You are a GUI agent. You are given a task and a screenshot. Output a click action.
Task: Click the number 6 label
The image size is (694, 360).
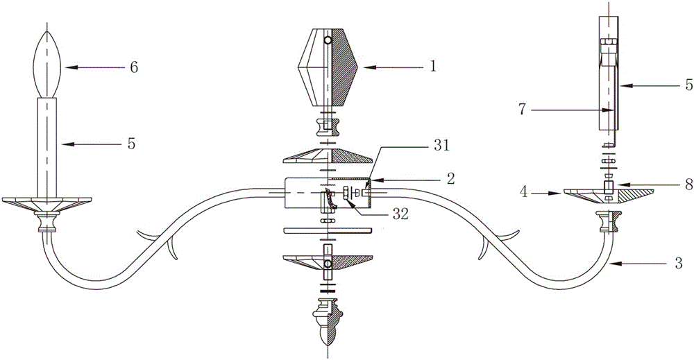[133, 68]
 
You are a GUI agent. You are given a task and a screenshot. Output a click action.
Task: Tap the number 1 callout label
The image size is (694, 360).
[433, 67]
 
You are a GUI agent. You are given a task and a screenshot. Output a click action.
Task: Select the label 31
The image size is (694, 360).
[441, 146]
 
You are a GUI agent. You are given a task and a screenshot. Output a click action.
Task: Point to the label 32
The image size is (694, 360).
[400, 215]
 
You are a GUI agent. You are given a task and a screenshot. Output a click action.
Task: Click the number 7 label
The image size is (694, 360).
[523, 110]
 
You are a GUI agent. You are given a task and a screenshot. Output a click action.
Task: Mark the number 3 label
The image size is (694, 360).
[677, 264]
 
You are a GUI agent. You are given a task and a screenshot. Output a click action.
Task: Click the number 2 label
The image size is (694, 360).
[450, 179]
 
